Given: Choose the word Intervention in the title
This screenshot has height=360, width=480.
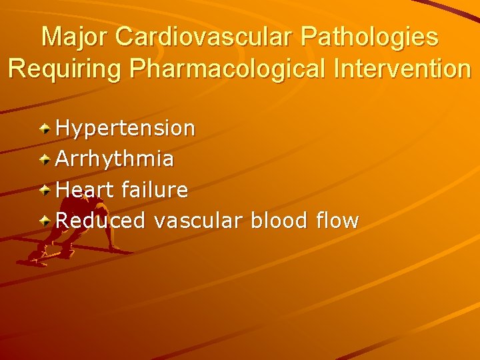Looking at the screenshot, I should [x=399, y=69].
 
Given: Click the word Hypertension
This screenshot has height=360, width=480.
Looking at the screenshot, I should [x=125, y=128].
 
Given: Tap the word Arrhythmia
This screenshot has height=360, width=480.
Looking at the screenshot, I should [x=115, y=159].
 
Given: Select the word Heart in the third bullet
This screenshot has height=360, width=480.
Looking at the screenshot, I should [x=85, y=190].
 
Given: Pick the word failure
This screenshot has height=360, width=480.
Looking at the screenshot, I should [x=155, y=190].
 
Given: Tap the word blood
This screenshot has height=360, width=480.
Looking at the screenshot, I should [x=280, y=221].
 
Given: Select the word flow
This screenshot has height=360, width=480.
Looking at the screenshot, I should [x=338, y=221].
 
